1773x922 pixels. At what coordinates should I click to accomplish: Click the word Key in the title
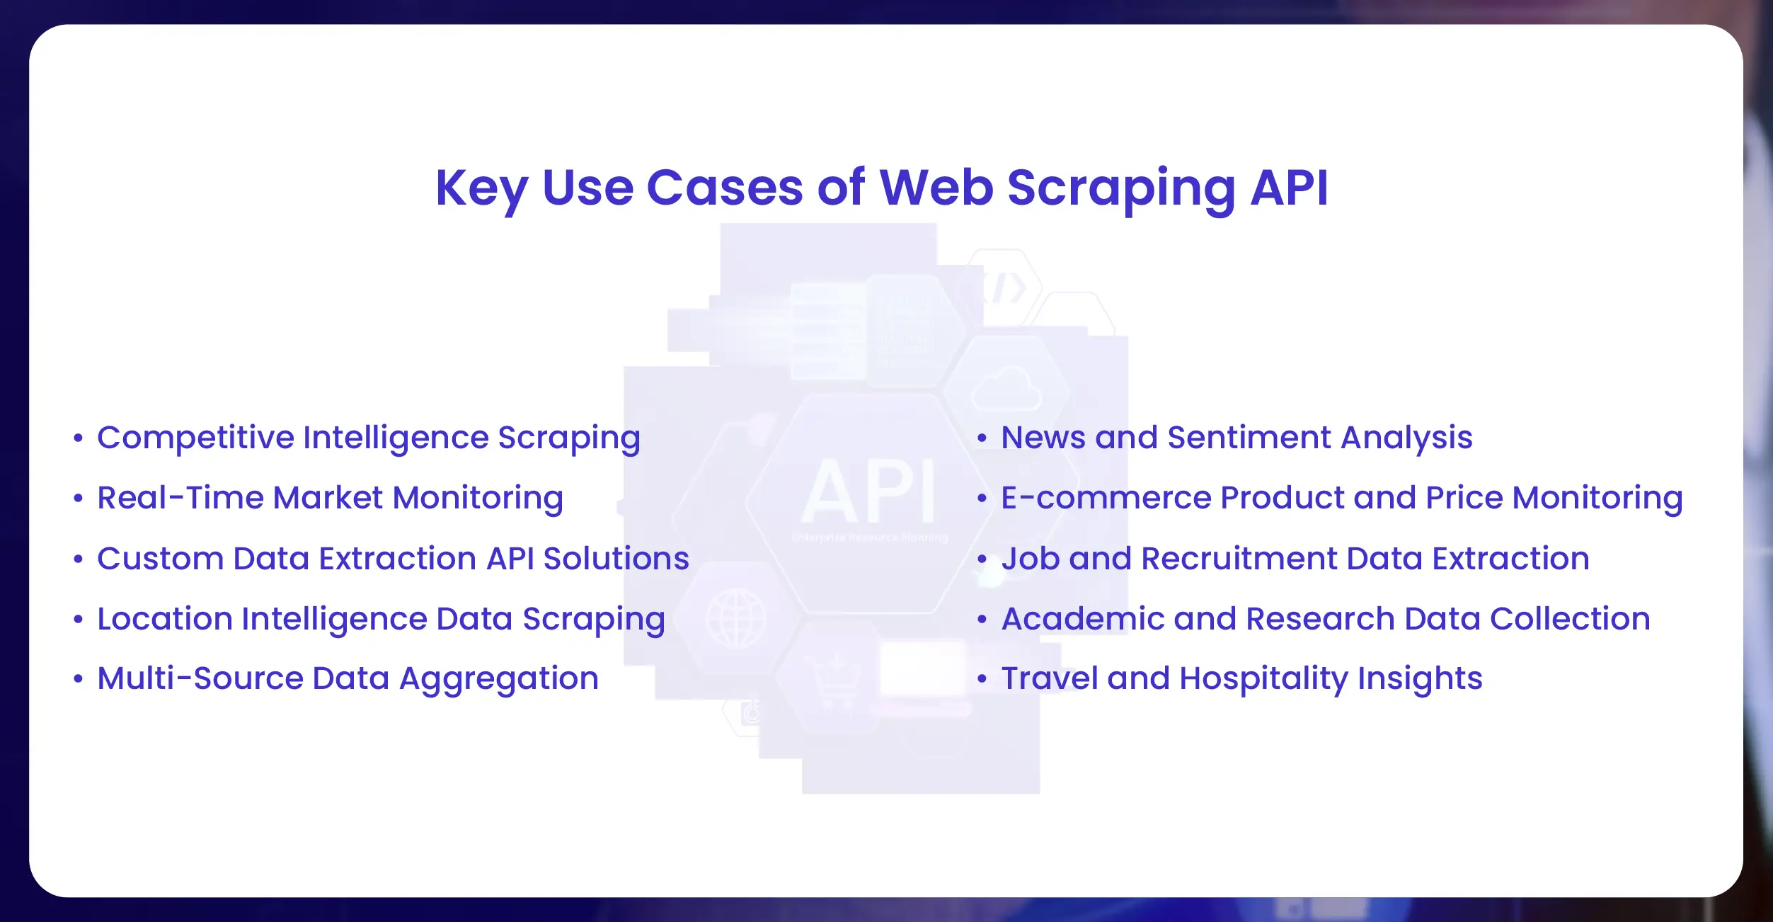(481, 189)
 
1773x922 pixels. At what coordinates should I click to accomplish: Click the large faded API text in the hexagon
(869, 491)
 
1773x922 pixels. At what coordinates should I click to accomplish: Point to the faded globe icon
(736, 617)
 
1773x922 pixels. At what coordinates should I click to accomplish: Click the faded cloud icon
(1007, 389)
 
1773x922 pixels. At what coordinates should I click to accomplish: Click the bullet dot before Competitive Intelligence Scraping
(79, 438)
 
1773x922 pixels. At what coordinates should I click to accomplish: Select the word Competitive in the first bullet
(195, 438)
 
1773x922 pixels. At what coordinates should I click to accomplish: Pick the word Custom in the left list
(161, 559)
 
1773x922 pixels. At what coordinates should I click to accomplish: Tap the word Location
(165, 619)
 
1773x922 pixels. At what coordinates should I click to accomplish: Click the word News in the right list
(1043, 438)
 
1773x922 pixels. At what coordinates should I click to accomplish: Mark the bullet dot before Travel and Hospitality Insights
(982, 679)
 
